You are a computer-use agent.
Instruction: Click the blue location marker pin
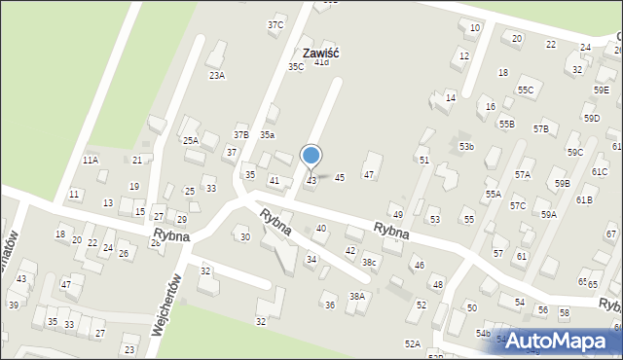pos(311,156)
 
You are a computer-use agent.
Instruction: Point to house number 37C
pos(275,24)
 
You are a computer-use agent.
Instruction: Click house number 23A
pos(216,75)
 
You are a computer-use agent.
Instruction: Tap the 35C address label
pos(296,66)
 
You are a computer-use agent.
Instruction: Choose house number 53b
pos(467,146)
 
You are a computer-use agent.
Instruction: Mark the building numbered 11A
pos(91,160)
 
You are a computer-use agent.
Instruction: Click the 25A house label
pos(191,140)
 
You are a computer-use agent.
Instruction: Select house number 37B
pos(240,134)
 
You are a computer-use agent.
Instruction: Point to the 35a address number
pos(267,134)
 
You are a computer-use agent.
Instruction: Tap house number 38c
pos(370,262)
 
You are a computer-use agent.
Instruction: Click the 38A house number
pos(357,296)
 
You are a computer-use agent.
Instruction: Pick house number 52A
pos(413,343)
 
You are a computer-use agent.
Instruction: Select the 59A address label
pos(549,214)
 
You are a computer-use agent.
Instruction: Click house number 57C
pos(518,206)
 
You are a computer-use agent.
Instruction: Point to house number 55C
pos(526,90)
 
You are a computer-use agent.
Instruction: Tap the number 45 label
pos(340,177)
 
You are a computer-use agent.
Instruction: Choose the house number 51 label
pos(423,160)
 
